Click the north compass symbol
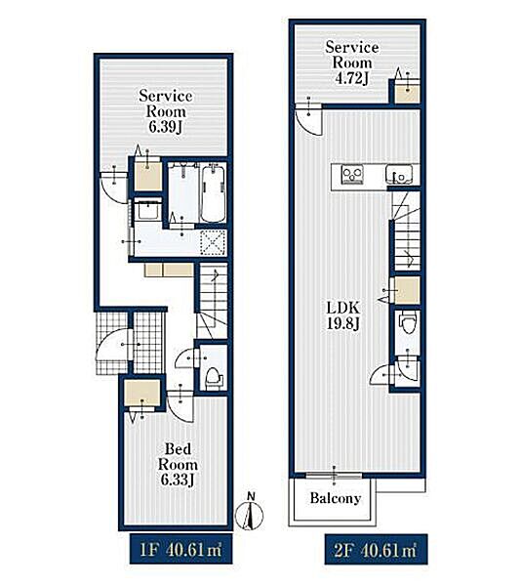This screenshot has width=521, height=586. click(250, 515)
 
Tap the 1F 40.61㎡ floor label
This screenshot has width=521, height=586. click(181, 549)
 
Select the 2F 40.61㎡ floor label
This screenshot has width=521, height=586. click(376, 549)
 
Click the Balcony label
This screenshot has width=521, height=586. click(336, 498)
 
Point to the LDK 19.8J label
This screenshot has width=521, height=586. click(343, 315)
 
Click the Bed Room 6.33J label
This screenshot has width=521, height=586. click(178, 465)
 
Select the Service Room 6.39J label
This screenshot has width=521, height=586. click(165, 111)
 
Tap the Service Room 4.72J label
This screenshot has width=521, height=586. click(352, 63)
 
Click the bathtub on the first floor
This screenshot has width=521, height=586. click(213, 194)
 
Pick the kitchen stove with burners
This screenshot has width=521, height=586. click(352, 174)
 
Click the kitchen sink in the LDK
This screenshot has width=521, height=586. click(399, 175)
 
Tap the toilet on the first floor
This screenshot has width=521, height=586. click(213, 377)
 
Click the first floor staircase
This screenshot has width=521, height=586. click(213, 301)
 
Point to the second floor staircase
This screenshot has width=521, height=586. click(407, 230)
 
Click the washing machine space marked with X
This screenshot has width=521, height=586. click(213, 243)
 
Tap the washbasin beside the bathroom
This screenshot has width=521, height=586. click(147, 210)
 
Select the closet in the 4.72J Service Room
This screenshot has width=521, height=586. click(407, 91)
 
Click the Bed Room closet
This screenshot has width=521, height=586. click(141, 394)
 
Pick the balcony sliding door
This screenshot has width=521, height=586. click(334, 475)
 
